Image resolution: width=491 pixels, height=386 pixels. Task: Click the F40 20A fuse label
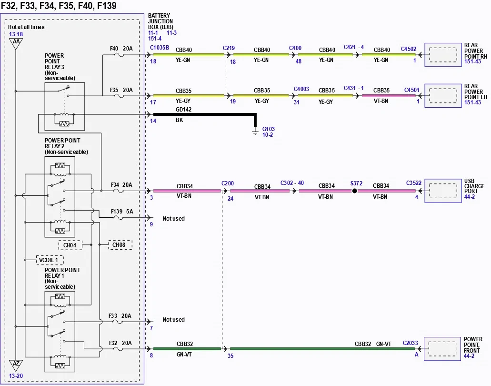[121, 49]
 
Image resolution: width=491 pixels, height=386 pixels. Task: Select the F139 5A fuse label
[122, 212]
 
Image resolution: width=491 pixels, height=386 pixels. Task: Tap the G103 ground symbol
[255, 132]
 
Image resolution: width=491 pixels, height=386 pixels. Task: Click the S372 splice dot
[354, 191]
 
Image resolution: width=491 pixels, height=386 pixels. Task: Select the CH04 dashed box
[70, 245]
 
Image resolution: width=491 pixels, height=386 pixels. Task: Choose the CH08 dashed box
[120, 244]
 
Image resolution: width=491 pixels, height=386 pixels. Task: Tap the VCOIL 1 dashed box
[50, 260]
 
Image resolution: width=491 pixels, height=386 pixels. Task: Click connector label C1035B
[160, 48]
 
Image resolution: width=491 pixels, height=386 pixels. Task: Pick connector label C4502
[409, 49]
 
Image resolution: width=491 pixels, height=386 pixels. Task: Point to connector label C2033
[410, 343]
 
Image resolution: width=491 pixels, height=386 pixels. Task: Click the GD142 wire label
[183, 109]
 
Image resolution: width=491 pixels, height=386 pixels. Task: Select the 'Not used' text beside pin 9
[173, 219]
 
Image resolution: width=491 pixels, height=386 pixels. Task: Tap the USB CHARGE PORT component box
[443, 191]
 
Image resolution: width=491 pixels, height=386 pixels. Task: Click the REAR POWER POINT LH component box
[443, 96]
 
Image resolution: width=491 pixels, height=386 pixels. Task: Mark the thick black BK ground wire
[255, 115]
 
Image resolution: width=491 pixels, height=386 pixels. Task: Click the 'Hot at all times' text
[26, 27]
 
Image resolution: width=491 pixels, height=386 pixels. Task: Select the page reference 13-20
[16, 376]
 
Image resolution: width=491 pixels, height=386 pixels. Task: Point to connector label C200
[228, 183]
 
